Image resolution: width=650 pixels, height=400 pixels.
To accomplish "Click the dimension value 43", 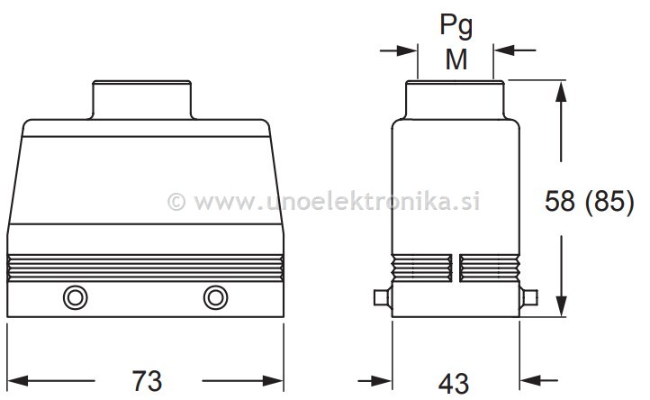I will [x=456, y=381].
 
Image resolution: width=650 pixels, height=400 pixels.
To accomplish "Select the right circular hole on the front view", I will [x=215, y=298].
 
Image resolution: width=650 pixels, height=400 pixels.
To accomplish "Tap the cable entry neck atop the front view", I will [x=144, y=99].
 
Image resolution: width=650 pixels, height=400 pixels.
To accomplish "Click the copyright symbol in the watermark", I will [x=177, y=200].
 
